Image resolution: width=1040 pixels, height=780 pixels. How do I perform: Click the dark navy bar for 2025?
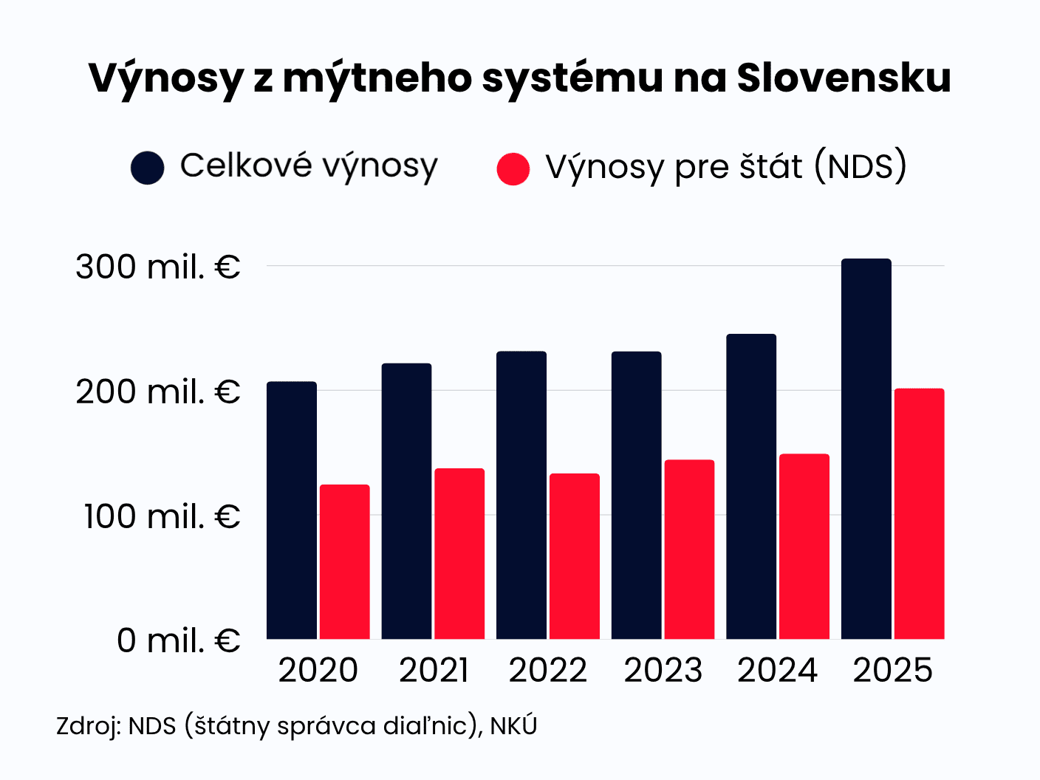pos(866,449)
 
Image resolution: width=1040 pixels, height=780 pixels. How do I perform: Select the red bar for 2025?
pos(919,514)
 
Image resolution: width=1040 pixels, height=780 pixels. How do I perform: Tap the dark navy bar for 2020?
pos(292,510)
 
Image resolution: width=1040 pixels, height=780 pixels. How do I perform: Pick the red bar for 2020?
pos(345,561)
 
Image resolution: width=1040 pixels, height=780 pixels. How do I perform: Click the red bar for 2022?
pos(575,556)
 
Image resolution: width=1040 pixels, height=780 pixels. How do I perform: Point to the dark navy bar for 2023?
pos(636,496)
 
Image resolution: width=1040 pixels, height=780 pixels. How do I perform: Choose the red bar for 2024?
pos(804,547)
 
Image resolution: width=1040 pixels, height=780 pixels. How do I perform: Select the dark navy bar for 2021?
pos(406,502)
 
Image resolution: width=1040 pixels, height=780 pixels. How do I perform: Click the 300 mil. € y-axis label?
pos(158,267)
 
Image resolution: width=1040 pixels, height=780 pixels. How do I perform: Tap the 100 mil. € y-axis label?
pos(162,516)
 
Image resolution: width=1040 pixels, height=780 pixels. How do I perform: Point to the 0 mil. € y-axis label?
pos(179,640)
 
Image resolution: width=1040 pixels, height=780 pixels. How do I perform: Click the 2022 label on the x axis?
pos(548,670)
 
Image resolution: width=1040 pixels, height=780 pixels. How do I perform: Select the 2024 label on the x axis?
pos(778,670)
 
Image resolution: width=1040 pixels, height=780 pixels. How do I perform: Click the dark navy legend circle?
pos(147,168)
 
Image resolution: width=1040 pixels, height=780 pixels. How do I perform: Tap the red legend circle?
pos(513,168)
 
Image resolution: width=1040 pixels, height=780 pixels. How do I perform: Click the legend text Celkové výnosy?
pos(309,167)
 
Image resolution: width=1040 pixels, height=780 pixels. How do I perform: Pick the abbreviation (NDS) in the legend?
pos(861,165)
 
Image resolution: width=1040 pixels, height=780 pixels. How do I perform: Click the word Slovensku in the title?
pos(844,78)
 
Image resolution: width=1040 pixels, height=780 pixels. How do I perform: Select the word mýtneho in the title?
pos(377,80)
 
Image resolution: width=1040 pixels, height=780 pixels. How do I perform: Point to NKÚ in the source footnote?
pos(513,725)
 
